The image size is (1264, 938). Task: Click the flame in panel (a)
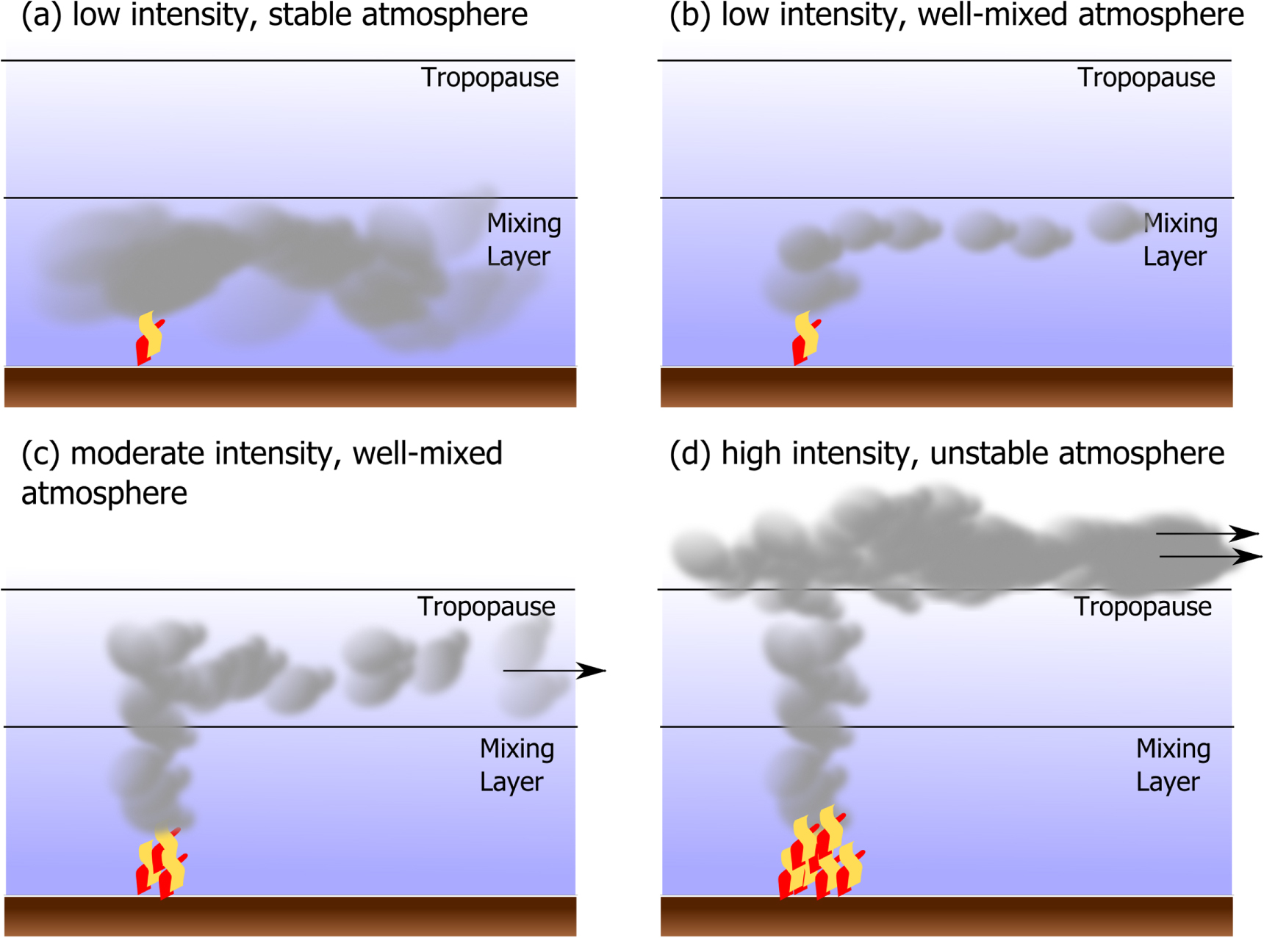coord(149,339)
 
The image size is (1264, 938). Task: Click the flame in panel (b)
coord(805,339)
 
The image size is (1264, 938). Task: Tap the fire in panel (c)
coord(162,863)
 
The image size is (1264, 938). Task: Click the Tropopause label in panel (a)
coord(489,78)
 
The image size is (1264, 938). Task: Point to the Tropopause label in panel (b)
coord(1146,78)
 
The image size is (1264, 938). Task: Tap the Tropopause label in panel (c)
coord(486,607)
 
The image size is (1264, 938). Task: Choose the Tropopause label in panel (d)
coord(1143,607)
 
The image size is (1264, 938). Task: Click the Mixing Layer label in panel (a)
coord(523,239)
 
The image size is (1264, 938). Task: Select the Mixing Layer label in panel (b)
coord(1179,239)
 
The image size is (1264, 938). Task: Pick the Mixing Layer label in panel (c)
coord(517,765)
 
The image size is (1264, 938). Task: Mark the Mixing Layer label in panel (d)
coord(1173,765)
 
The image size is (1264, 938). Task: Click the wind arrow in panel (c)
coord(554,671)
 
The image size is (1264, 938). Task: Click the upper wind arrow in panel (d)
coord(1207,533)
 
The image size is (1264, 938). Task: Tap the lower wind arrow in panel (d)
coord(1210,557)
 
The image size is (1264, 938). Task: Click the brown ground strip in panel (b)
coord(947,387)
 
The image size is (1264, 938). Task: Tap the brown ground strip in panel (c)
coord(290,916)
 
